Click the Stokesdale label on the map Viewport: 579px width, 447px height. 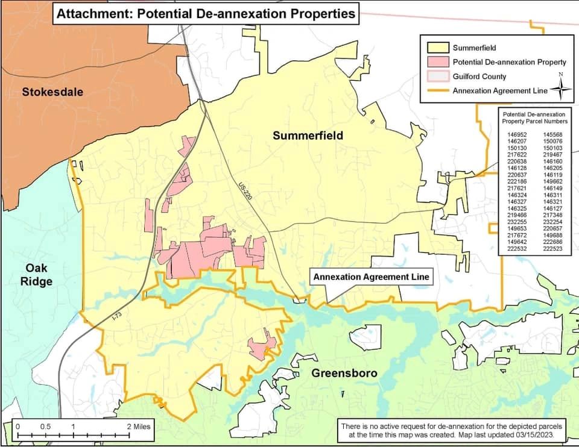tap(52, 92)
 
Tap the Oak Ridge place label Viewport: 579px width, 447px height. tap(39, 274)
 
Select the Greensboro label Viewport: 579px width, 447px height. tap(344, 373)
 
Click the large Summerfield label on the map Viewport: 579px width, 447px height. tap(308, 136)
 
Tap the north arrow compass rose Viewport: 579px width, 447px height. tap(560, 88)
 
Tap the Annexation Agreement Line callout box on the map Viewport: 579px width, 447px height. tap(371, 277)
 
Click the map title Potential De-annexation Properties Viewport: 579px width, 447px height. tap(206, 13)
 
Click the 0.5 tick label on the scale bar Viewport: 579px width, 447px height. tap(45, 427)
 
